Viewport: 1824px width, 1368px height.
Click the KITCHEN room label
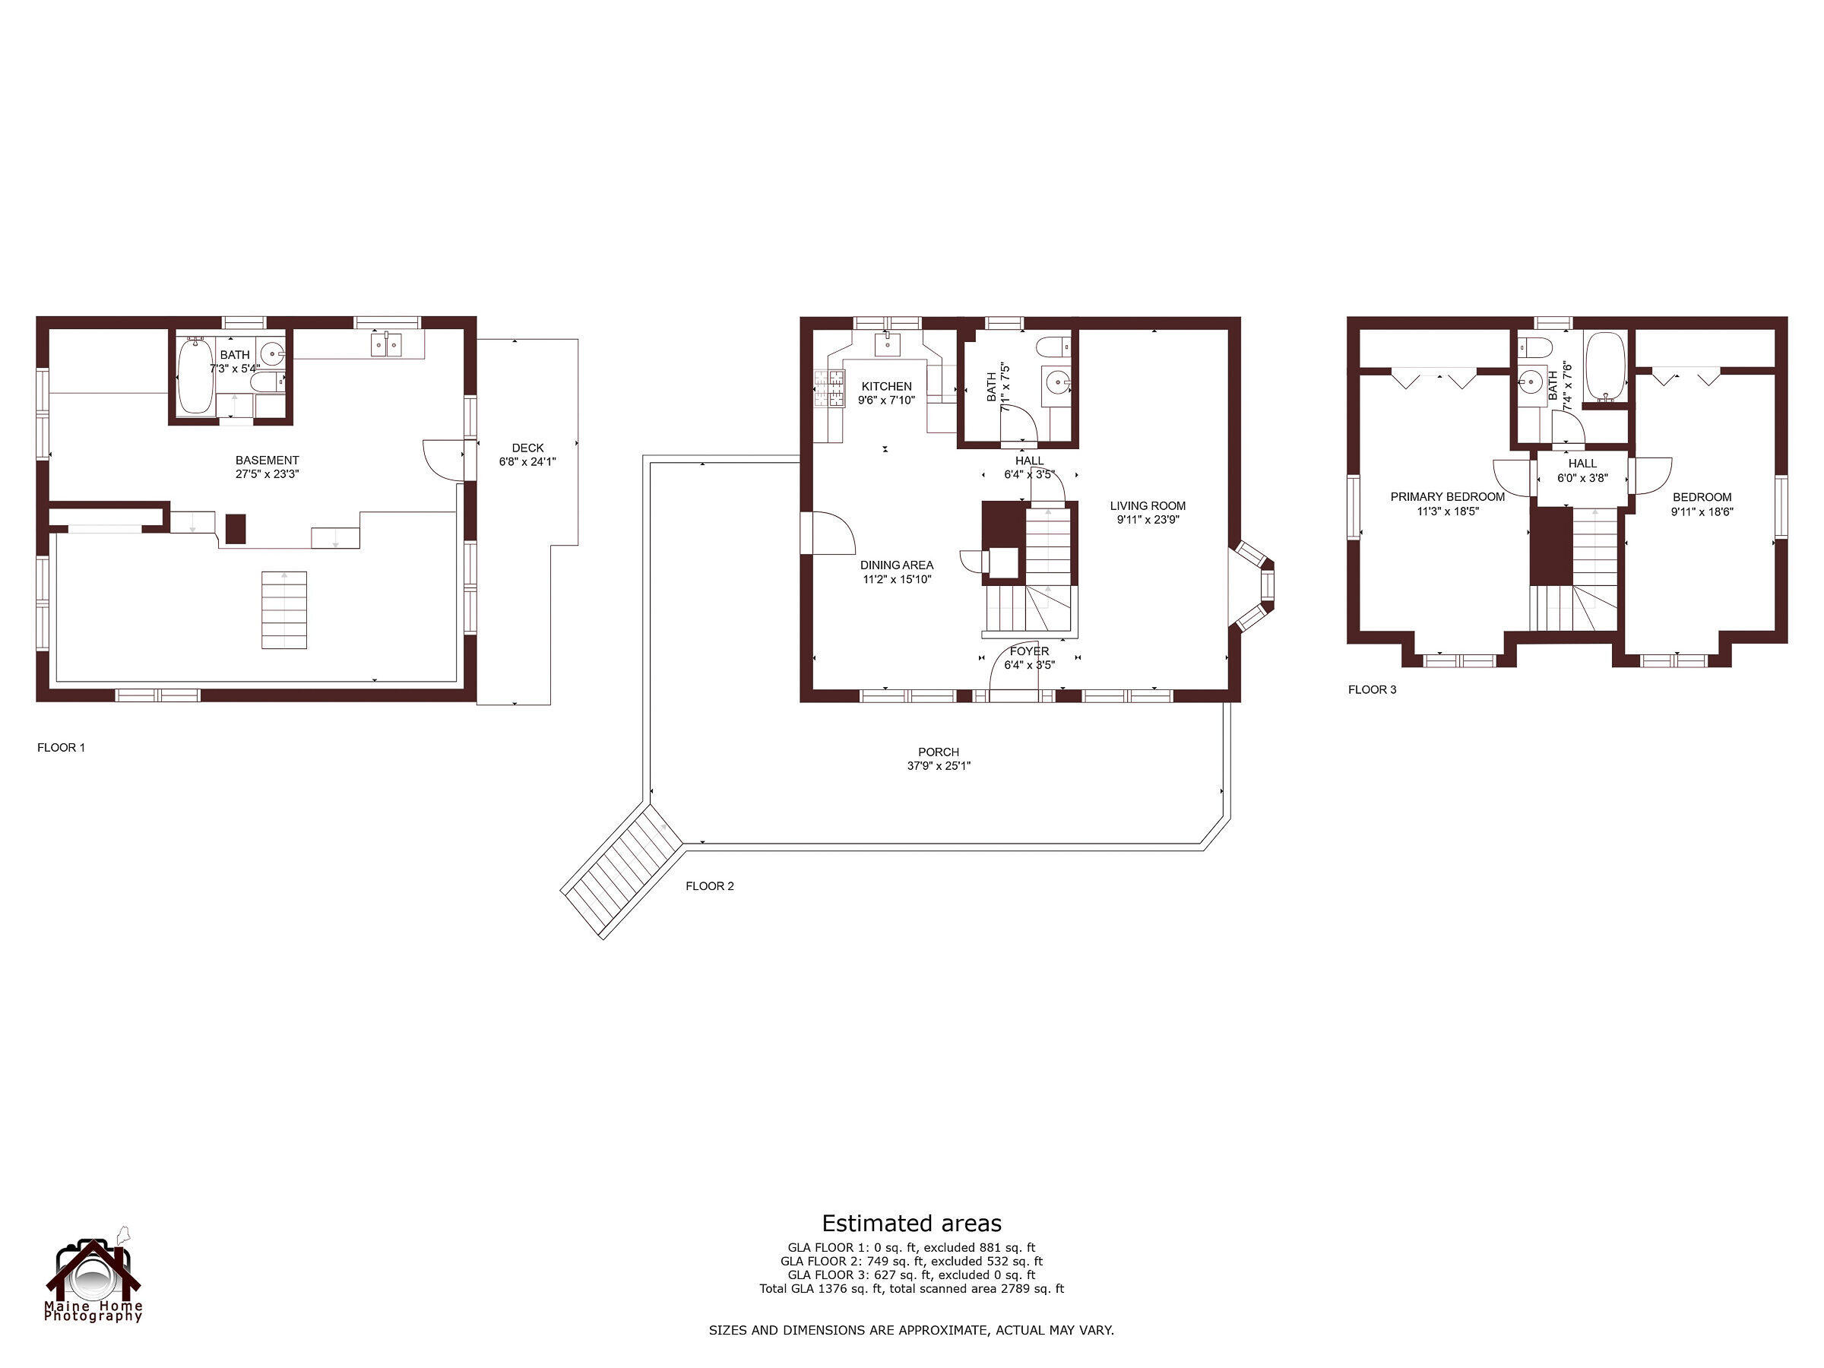tap(886, 386)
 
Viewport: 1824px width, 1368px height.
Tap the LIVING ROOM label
tap(1147, 505)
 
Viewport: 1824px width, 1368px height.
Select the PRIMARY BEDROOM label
tap(1447, 496)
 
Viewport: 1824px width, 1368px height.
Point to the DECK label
tap(527, 448)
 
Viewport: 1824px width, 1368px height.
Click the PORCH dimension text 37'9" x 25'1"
tap(939, 766)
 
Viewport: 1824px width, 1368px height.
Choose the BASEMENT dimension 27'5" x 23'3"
tap(268, 474)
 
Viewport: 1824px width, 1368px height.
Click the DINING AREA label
tap(896, 565)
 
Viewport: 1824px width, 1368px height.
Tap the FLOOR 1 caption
tap(61, 747)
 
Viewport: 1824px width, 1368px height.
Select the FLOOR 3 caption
tap(1372, 689)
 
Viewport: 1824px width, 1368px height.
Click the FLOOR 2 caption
tap(709, 885)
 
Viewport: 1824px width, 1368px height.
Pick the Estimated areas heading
tap(911, 1223)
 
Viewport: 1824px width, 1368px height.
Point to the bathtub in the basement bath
tap(195, 375)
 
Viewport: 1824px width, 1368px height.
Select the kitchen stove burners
tap(831, 388)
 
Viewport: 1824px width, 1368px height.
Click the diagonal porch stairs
tap(622, 871)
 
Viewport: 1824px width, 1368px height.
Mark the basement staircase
tap(284, 610)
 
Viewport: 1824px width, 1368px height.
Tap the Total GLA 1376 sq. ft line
tap(911, 1288)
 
